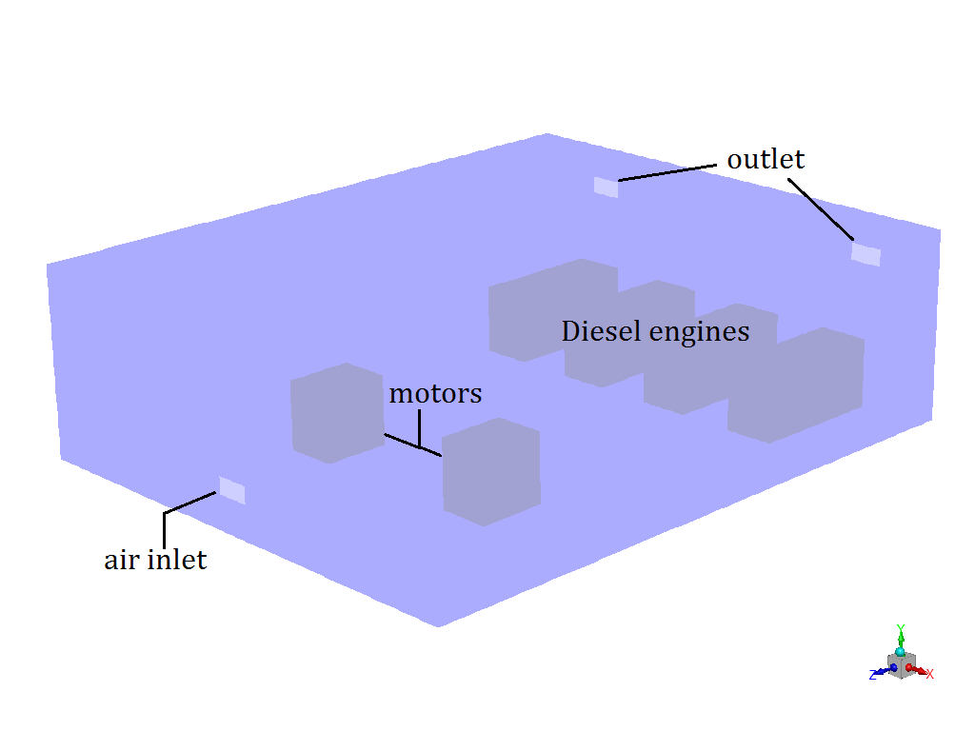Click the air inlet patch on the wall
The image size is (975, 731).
[232, 490]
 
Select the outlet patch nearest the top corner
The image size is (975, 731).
[606, 187]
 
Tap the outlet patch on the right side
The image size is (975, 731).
[866, 254]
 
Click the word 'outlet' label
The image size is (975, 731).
[766, 159]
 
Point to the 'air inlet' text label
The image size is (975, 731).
[155, 559]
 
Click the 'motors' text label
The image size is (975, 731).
[435, 393]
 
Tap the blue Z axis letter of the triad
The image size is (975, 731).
[872, 675]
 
